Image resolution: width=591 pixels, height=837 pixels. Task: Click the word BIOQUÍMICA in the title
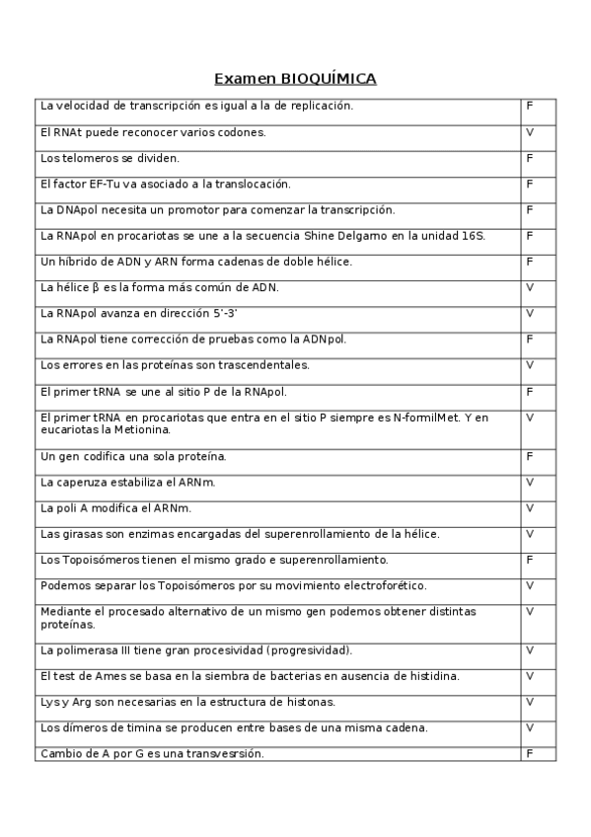click(x=329, y=79)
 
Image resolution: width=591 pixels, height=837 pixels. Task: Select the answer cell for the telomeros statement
click(x=538, y=158)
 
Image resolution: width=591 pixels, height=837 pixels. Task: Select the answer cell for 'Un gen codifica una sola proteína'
click(x=538, y=456)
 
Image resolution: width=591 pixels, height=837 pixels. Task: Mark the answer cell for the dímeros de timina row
click(x=538, y=727)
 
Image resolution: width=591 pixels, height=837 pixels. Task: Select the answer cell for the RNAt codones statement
click(x=538, y=131)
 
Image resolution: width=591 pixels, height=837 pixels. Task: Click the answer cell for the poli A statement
click(x=538, y=507)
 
